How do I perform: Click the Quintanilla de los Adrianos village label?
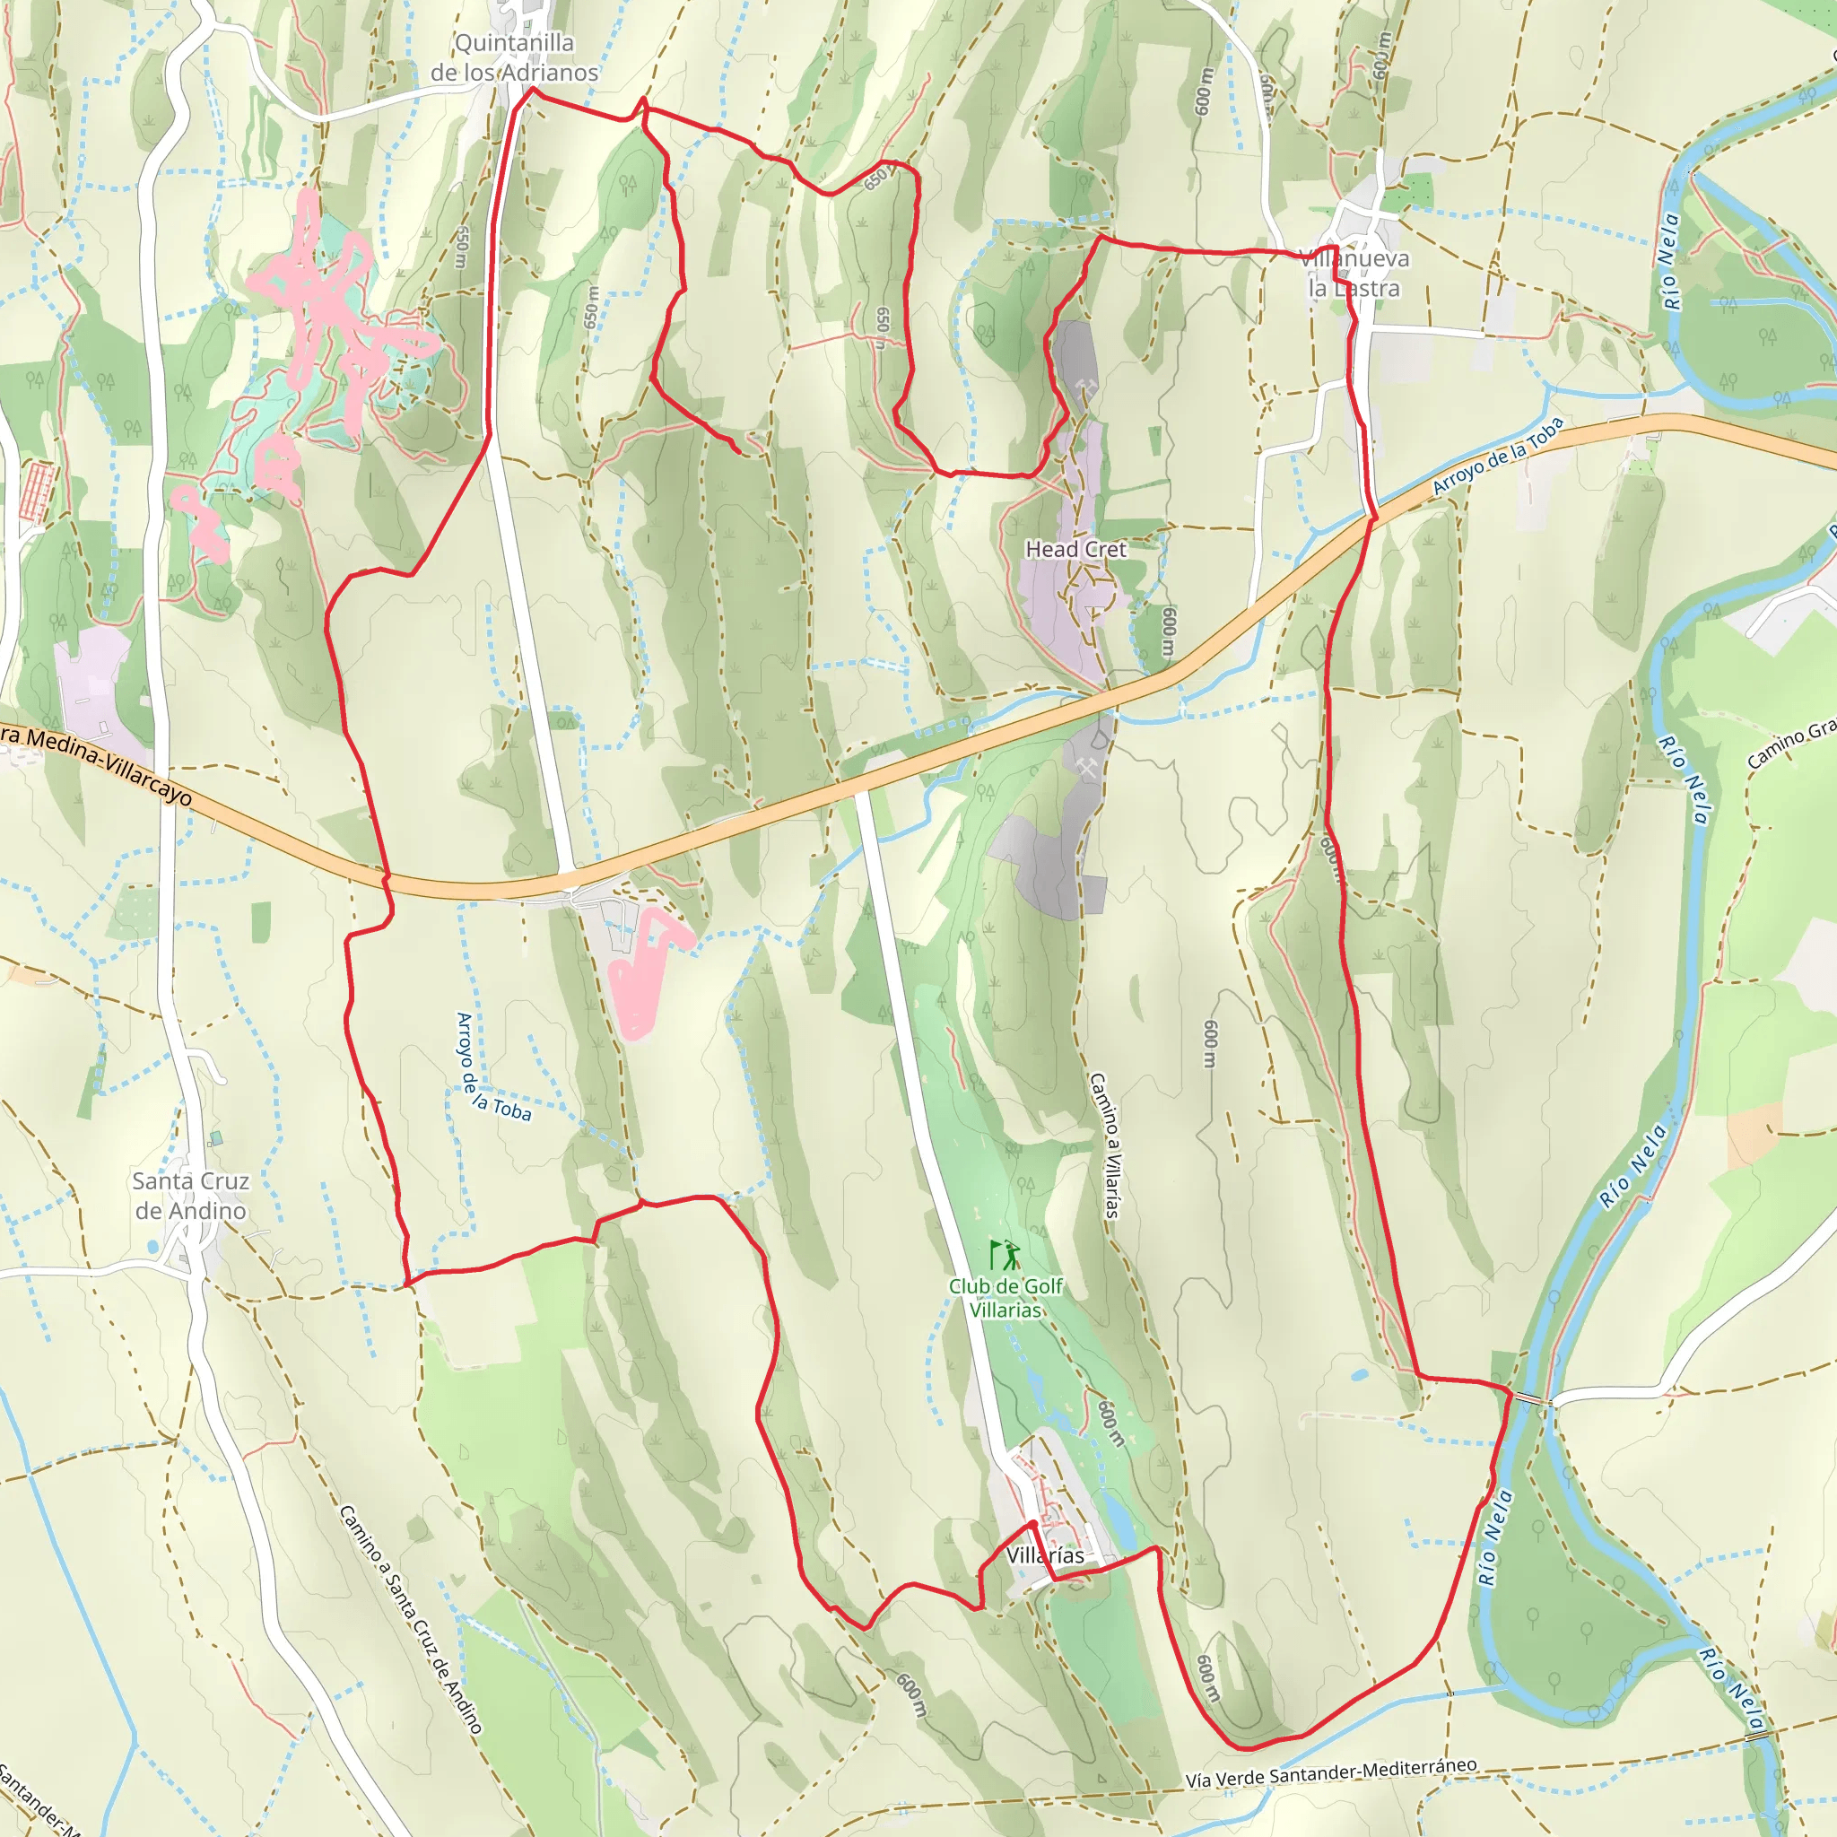click(514, 58)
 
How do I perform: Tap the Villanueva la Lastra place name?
click(1354, 274)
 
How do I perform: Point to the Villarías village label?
click(1045, 1555)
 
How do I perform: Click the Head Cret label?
click(1075, 550)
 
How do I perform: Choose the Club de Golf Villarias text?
click(1006, 1297)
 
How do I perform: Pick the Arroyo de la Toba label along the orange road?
click(1498, 456)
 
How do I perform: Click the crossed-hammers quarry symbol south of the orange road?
click(1087, 767)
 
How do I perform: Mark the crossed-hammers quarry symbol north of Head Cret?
click(1086, 386)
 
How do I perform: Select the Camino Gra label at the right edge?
click(1791, 744)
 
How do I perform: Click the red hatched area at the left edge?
click(37, 491)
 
